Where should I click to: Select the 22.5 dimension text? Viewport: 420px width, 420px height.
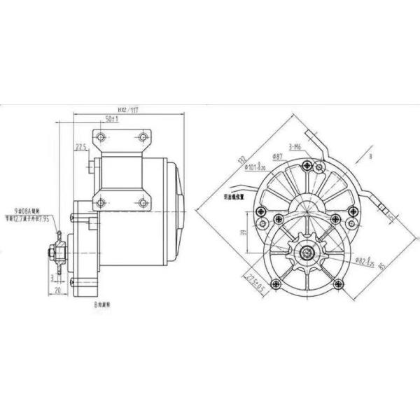81,147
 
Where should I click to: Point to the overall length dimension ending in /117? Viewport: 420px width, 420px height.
127,109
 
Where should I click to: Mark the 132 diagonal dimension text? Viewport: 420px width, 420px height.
239,160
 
